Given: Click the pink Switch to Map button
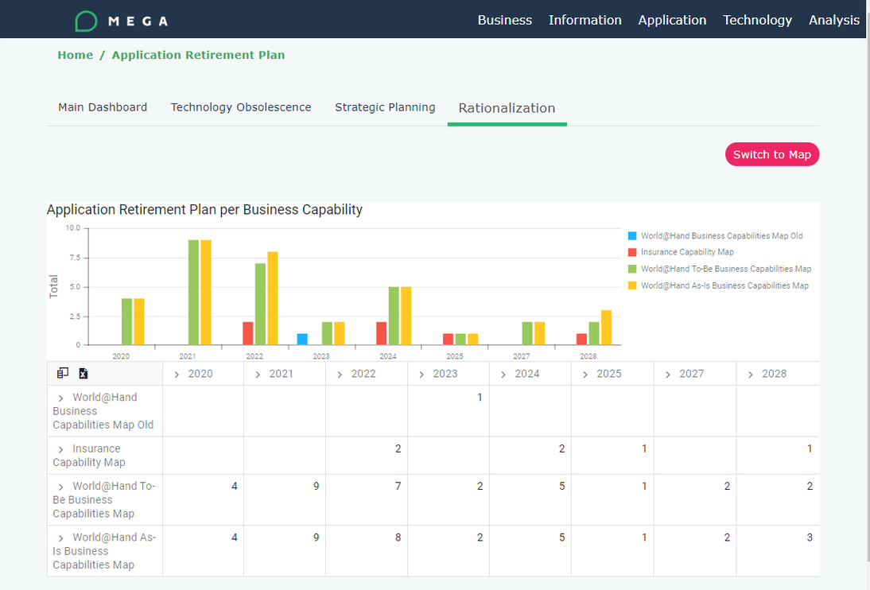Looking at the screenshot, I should click(x=771, y=154).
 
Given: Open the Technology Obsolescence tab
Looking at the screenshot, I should click(x=241, y=107).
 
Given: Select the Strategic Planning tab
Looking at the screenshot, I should click(x=385, y=107).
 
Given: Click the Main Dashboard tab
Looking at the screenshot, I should click(x=103, y=107).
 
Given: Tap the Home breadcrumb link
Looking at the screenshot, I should click(x=75, y=55).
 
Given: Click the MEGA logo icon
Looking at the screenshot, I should click(x=86, y=21).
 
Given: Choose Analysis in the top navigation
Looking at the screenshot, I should click(x=833, y=20).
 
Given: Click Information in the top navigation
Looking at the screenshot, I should click(x=585, y=20).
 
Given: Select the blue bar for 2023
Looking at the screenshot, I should click(x=302, y=339).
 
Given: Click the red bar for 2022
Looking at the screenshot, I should click(x=248, y=333).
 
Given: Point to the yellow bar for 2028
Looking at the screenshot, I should click(x=606, y=327).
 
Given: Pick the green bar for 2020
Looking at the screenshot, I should click(x=127, y=321).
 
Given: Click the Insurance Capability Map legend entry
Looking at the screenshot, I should click(x=687, y=252).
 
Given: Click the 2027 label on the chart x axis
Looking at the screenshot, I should click(x=521, y=357).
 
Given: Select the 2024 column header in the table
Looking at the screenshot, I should click(x=526, y=374).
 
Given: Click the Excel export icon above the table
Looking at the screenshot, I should click(x=84, y=374).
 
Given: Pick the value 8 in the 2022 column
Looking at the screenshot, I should click(x=398, y=538).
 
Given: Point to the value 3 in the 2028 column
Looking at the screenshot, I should click(x=810, y=538).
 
